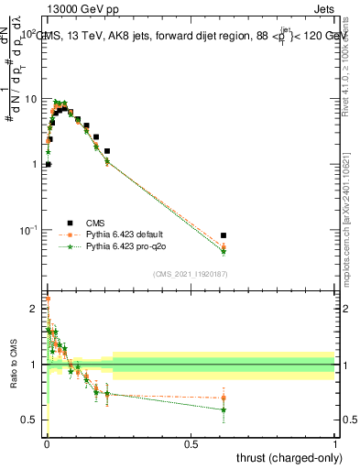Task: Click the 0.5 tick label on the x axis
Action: pyautogui.click(x=191, y=443)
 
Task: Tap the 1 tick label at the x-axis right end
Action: pyautogui.click(x=335, y=443)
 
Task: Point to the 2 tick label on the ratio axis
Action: pyautogui.click(x=35, y=309)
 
